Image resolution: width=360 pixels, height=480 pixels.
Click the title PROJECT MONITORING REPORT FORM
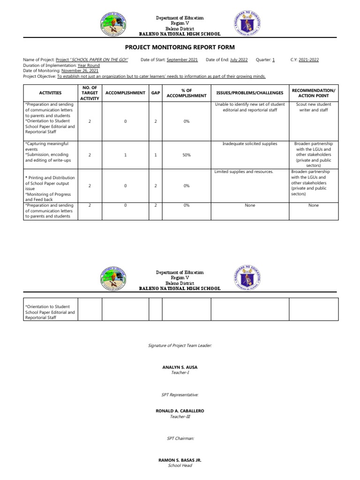click(x=180, y=47)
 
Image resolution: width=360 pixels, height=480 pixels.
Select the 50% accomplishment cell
click(x=186, y=155)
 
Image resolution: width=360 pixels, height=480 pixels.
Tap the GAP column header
click(x=155, y=93)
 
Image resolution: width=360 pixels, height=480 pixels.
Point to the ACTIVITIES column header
click(x=50, y=93)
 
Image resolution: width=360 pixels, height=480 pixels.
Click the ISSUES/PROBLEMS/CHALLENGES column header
click(x=249, y=93)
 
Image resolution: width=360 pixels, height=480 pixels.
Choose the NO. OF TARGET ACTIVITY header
click(x=90, y=93)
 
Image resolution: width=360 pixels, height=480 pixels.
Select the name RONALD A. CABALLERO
click(x=180, y=411)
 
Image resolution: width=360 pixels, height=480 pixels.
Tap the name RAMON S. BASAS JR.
click(x=180, y=460)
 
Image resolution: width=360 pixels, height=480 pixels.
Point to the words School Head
click(x=180, y=465)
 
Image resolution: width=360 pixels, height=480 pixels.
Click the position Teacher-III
click(x=180, y=416)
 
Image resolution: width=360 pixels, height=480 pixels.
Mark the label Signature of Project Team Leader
click(x=180, y=345)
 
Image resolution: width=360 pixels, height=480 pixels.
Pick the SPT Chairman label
click(x=180, y=438)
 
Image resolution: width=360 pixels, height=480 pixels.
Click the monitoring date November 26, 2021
click(x=80, y=71)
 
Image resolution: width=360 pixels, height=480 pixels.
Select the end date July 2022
click(x=239, y=60)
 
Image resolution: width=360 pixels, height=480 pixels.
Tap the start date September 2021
click(x=182, y=60)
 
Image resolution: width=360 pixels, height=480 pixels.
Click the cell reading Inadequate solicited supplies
click(x=249, y=143)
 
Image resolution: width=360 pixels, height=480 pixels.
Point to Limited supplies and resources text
click(x=244, y=172)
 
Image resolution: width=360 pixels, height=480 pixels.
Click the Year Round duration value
click(x=89, y=66)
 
